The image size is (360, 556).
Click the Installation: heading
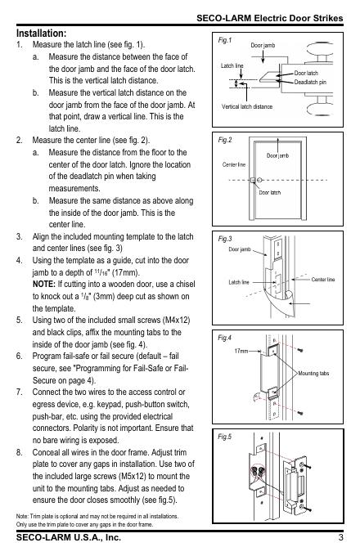(41, 34)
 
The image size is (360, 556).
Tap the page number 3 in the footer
(340, 537)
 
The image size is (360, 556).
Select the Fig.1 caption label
(224, 40)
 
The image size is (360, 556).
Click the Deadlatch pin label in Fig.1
(310, 83)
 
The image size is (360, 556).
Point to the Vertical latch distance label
(247, 106)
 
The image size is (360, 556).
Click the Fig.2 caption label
(225, 140)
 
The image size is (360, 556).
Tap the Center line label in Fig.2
(234, 164)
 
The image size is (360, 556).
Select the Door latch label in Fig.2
(269, 192)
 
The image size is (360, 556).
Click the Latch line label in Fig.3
(239, 282)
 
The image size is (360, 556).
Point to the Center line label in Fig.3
(322, 280)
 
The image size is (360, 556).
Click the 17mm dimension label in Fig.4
(241, 351)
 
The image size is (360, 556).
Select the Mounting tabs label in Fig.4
(313, 374)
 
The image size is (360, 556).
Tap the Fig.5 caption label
(224, 437)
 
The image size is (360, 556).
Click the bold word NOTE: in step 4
(44, 285)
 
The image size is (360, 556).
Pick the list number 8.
(19, 452)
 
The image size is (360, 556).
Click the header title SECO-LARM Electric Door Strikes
(270, 18)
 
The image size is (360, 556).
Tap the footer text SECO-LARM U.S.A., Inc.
(69, 537)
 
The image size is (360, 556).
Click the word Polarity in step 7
(85, 428)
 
